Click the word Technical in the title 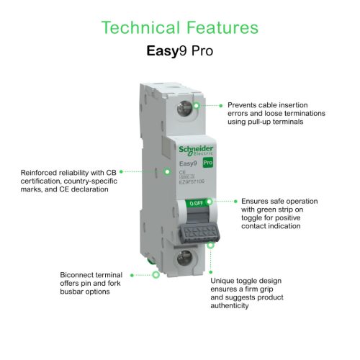[140, 28]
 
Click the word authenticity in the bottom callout [230, 305]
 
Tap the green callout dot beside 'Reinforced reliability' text [121, 171]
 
